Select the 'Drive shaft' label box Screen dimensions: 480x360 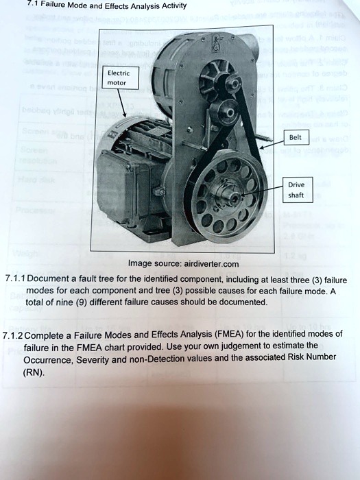(x=296, y=190)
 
